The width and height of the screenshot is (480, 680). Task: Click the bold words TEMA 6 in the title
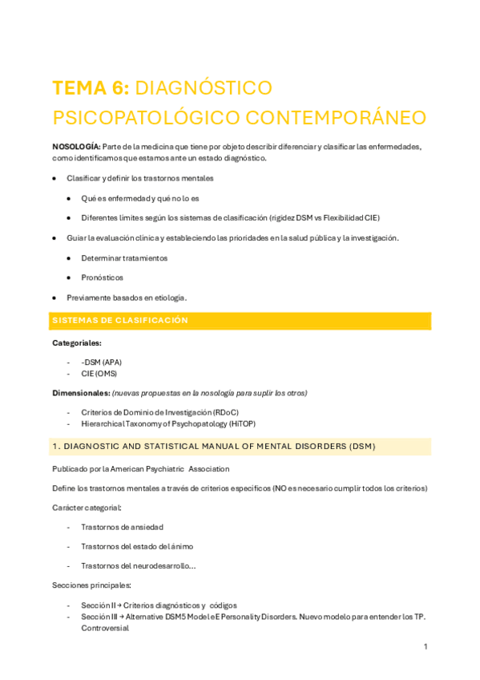[88, 87]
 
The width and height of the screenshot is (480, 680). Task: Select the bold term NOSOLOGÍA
[75, 147]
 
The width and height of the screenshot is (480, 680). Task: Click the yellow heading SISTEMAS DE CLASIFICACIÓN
[120, 320]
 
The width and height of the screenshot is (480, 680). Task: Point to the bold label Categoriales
[77, 342]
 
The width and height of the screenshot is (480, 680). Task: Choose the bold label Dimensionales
[80, 392]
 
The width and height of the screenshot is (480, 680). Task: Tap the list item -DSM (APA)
[101, 362]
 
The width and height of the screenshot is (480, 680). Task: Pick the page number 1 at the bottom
[426, 646]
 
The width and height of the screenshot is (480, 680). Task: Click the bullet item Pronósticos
[102, 277]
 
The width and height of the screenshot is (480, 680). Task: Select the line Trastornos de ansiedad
[122, 527]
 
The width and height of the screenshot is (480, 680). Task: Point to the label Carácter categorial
[87, 508]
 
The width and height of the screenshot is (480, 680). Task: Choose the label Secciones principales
[91, 585]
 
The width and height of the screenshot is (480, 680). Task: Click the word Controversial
[105, 628]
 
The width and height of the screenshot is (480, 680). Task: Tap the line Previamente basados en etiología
[127, 297]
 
